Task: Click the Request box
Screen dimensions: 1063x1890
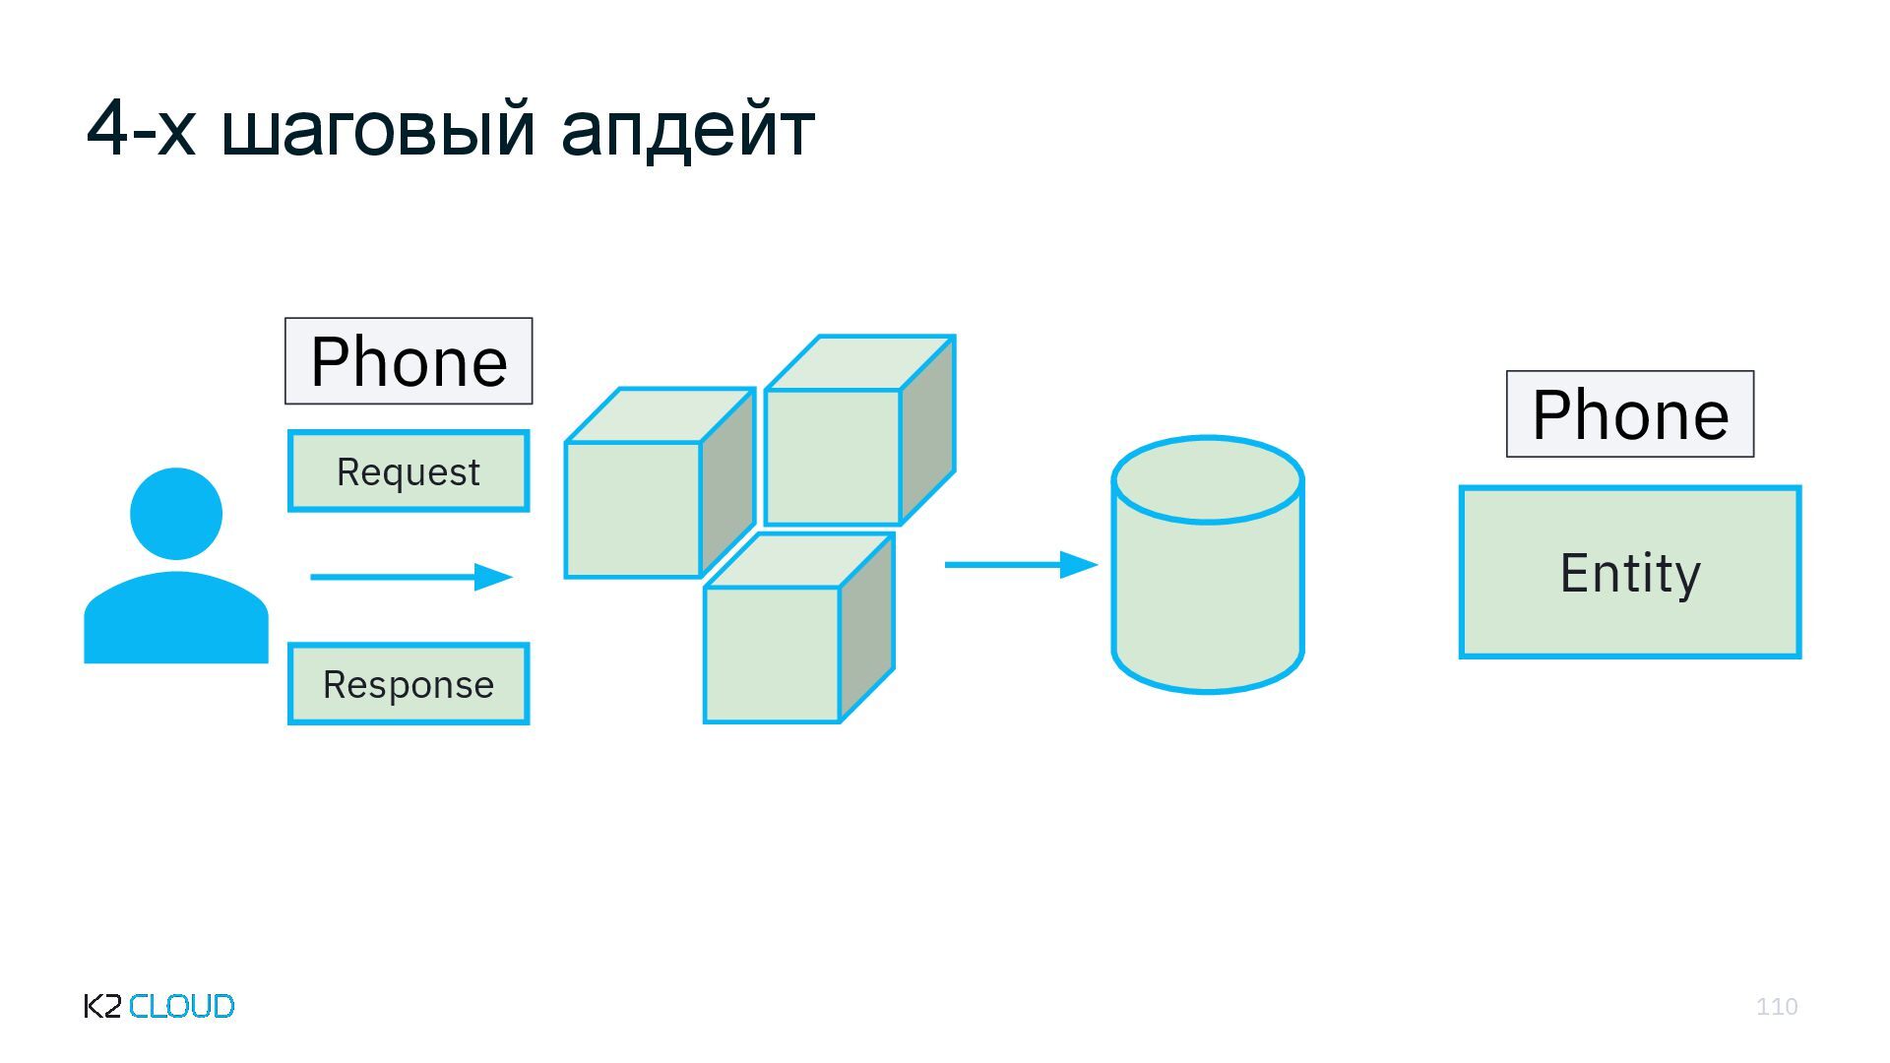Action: (409, 471)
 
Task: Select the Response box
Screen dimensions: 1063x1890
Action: (409, 684)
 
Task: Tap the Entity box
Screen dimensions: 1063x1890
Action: (1630, 572)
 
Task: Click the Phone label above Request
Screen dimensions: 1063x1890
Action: (409, 361)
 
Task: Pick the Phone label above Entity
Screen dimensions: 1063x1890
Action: (1630, 414)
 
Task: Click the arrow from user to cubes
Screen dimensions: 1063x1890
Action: (411, 577)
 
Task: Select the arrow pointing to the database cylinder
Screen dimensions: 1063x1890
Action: (1021, 565)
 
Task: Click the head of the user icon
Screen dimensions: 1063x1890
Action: (176, 514)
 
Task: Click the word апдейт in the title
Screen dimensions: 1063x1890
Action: (687, 129)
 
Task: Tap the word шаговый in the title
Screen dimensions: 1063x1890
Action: (379, 129)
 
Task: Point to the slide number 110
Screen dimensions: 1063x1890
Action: (1777, 1006)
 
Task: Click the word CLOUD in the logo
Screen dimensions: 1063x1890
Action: (182, 1006)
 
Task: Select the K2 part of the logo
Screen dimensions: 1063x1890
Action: (102, 1006)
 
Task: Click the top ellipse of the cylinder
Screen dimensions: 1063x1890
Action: (1208, 480)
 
